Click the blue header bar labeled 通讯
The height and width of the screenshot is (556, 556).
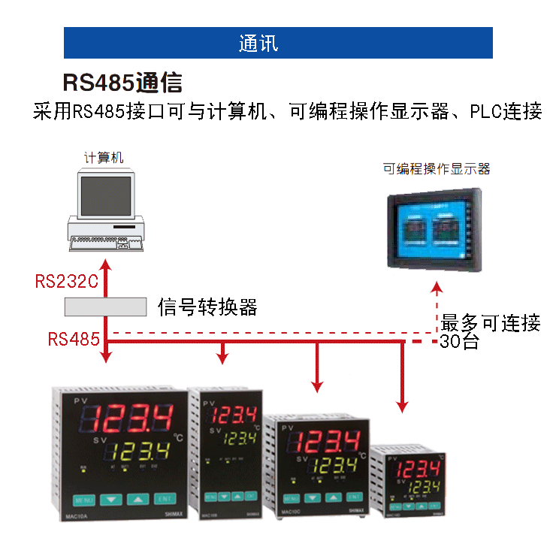click(278, 43)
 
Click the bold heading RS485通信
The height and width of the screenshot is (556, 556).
click(122, 83)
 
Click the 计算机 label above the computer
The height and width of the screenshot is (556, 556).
click(104, 158)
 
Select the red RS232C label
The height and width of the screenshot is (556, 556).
click(67, 282)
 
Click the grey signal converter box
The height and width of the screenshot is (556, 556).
click(105, 307)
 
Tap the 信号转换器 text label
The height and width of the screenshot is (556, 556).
click(207, 307)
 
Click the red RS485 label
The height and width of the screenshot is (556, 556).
click(74, 339)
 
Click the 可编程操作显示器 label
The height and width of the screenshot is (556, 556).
click(436, 169)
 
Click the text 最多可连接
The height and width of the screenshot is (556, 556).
click(490, 324)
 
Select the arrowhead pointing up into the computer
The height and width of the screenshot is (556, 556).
click(106, 264)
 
